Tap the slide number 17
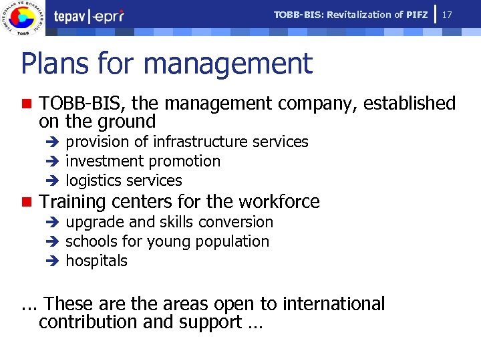(x=448, y=14)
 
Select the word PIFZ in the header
(x=417, y=15)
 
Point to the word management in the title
(x=228, y=64)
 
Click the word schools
(x=90, y=241)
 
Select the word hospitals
(x=96, y=261)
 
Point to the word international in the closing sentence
(x=333, y=304)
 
